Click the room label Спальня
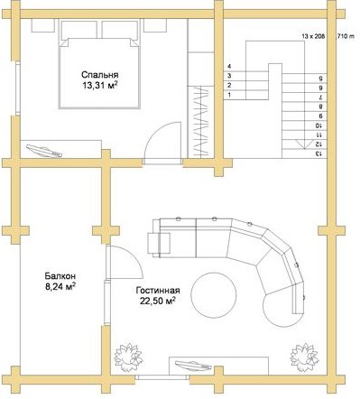point(100,75)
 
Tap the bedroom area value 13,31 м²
point(100,86)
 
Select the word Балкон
point(60,275)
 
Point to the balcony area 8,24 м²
point(60,286)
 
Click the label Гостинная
point(158,291)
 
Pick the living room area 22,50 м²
point(158,301)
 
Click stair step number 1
point(229,95)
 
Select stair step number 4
point(229,66)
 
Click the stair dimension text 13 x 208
point(313,36)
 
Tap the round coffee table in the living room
point(214,295)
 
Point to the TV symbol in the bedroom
point(44,151)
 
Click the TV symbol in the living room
point(193,366)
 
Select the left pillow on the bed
point(79,30)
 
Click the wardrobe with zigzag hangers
point(200,122)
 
